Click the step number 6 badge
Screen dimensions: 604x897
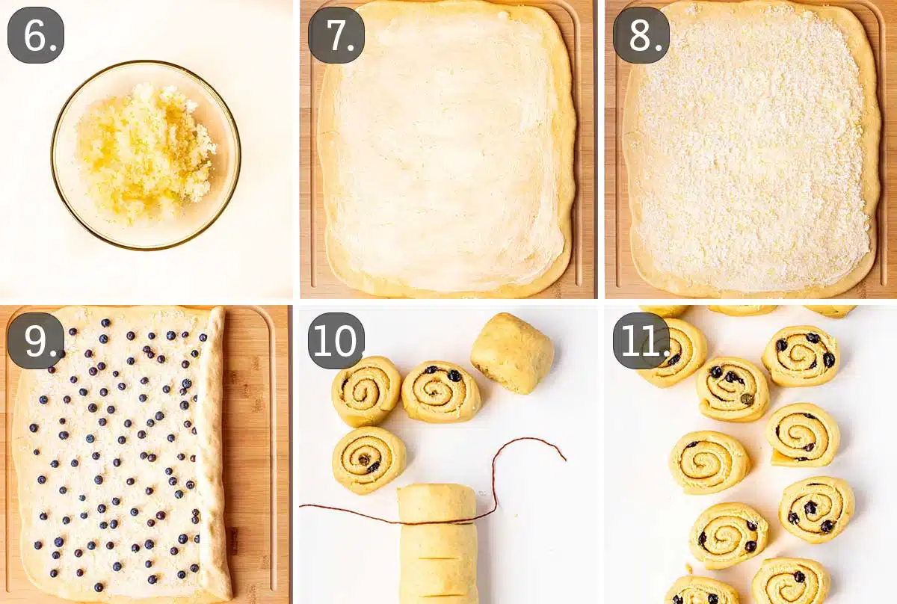pos(35,35)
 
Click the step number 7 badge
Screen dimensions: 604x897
pos(336,35)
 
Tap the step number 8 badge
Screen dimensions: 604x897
pos(641,35)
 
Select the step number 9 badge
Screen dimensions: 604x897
pos(35,340)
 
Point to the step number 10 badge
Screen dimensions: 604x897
pos(336,340)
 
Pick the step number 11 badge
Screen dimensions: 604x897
pos(641,340)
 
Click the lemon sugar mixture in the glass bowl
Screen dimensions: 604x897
pos(146,153)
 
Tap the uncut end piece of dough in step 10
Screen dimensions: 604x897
pos(513,352)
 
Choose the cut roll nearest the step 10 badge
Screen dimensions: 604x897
pos(366,391)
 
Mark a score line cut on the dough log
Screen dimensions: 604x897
pos(437,558)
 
